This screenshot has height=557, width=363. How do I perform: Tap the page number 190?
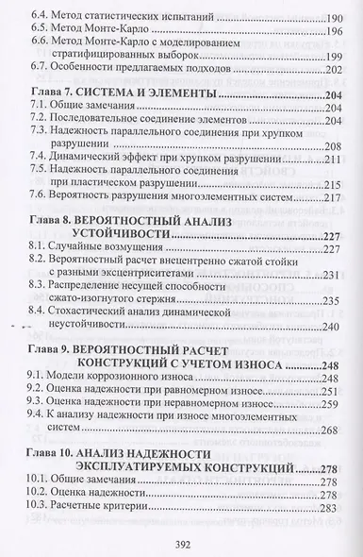point(336,17)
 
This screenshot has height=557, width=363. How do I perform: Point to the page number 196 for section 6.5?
point(336,32)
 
